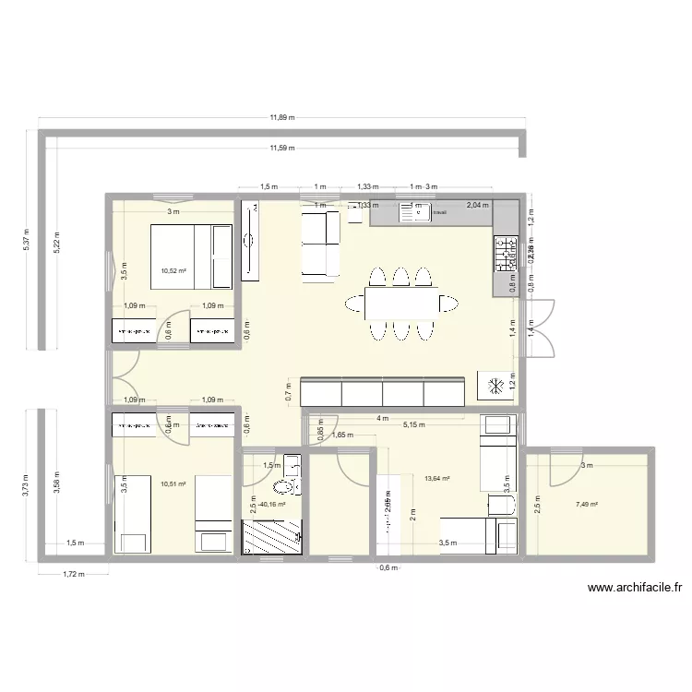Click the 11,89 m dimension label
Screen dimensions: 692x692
click(x=282, y=117)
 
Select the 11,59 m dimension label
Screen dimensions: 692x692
click(x=282, y=148)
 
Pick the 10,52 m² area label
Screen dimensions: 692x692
click(x=173, y=270)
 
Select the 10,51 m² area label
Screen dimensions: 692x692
click(x=173, y=483)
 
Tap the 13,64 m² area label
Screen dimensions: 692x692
click(x=436, y=478)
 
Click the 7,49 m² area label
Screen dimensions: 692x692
click(x=587, y=505)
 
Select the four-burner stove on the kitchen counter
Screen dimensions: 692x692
click(x=507, y=254)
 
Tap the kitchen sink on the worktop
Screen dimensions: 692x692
click(x=416, y=213)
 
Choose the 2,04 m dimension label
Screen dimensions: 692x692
click(x=478, y=206)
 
